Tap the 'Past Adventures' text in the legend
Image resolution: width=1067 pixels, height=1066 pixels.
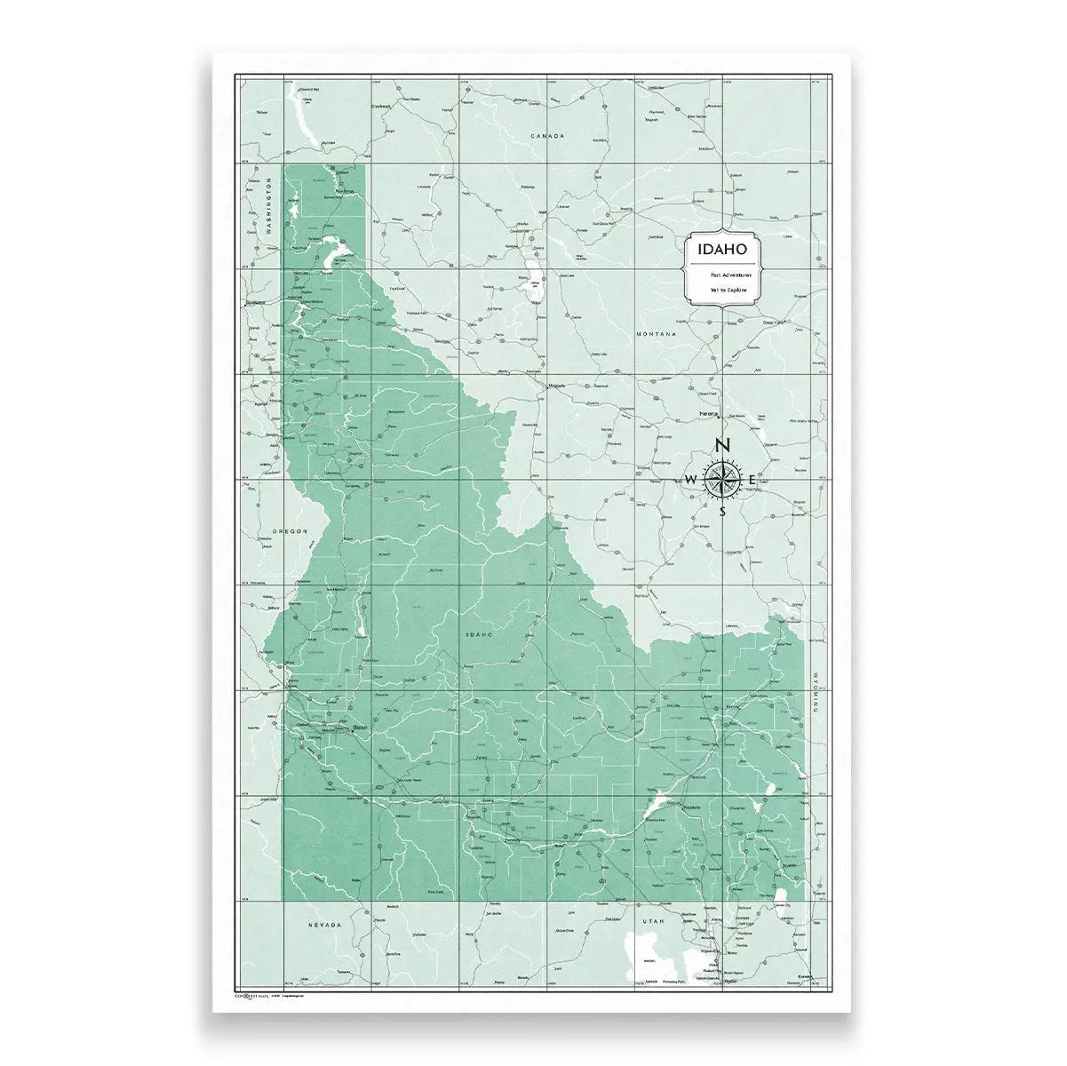click(x=720, y=276)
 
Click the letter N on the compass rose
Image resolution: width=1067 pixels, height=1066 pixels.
click(x=723, y=446)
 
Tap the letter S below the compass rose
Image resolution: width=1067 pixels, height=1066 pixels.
click(x=722, y=512)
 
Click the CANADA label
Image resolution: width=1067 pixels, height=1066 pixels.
click(x=547, y=136)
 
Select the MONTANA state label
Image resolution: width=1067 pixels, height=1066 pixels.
click(x=657, y=334)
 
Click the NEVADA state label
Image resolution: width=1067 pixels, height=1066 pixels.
click(x=324, y=925)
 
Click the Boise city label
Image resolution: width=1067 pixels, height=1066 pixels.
click(x=360, y=728)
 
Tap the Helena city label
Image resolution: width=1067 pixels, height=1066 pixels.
click(x=708, y=413)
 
